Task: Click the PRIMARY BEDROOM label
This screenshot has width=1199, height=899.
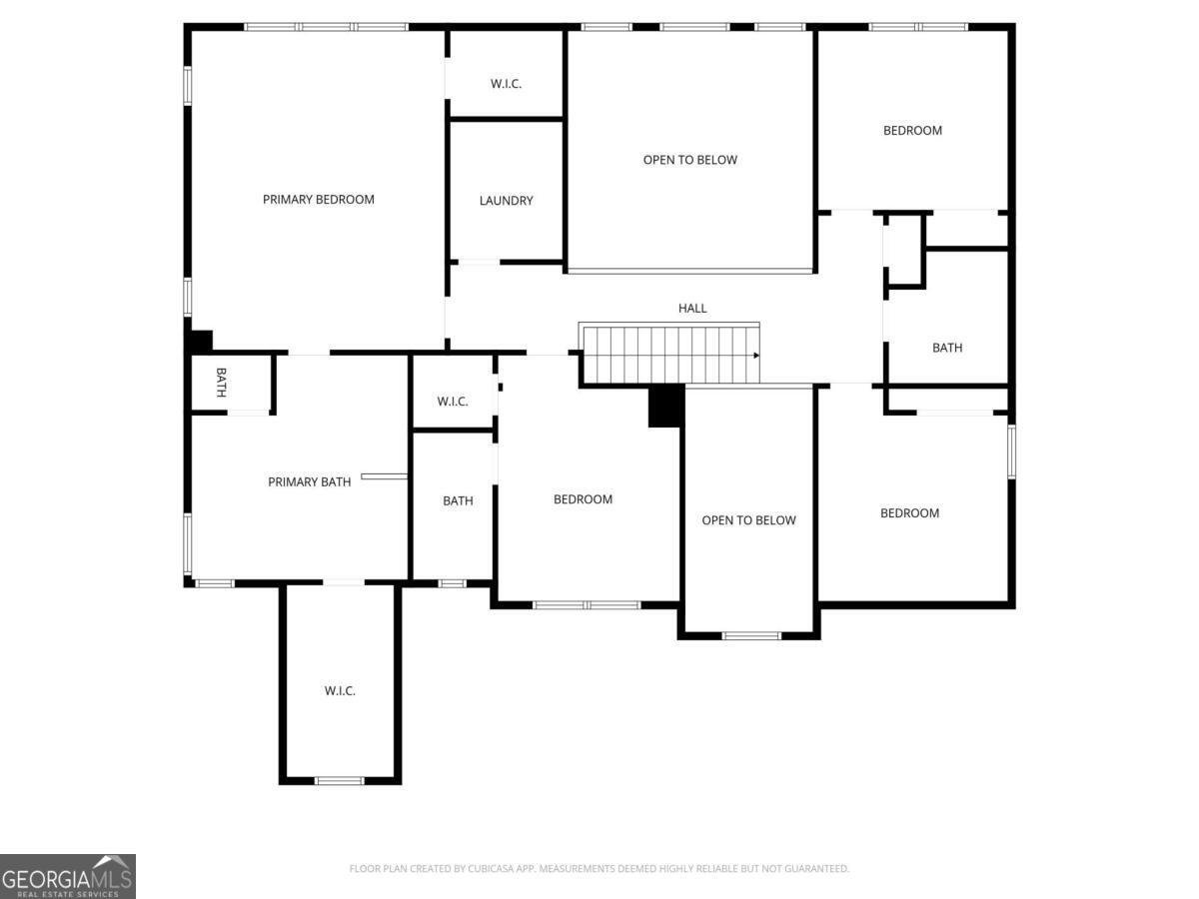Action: click(x=319, y=199)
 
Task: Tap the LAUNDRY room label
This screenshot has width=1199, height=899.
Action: click(x=506, y=201)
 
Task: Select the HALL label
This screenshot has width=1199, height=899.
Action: click(x=692, y=308)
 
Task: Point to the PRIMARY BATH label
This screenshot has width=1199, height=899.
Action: click(x=309, y=481)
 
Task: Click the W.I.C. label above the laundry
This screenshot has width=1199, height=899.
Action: click(x=506, y=84)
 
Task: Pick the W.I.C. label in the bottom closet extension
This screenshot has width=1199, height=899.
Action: click(x=340, y=690)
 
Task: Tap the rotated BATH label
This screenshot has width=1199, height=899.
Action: click(x=221, y=383)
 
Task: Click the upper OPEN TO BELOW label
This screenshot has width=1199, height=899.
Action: click(x=689, y=160)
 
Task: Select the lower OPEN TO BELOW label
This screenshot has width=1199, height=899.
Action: click(x=748, y=520)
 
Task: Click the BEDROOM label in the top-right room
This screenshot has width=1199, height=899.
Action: click(x=912, y=130)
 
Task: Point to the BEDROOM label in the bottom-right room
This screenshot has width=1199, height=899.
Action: click(x=909, y=512)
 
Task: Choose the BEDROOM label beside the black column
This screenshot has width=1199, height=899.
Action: click(x=583, y=498)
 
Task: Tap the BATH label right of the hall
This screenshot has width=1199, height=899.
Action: click(x=947, y=348)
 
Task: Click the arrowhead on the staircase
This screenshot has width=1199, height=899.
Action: click(x=756, y=356)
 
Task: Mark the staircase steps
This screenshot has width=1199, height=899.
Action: click(x=669, y=354)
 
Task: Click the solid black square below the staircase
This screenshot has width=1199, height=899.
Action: click(x=665, y=406)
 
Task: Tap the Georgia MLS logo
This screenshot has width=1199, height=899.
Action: click(x=68, y=876)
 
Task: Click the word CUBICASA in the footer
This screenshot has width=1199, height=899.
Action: click(x=489, y=868)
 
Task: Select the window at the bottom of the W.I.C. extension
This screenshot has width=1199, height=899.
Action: click(x=339, y=780)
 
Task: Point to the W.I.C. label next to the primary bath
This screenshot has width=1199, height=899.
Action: click(x=453, y=402)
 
